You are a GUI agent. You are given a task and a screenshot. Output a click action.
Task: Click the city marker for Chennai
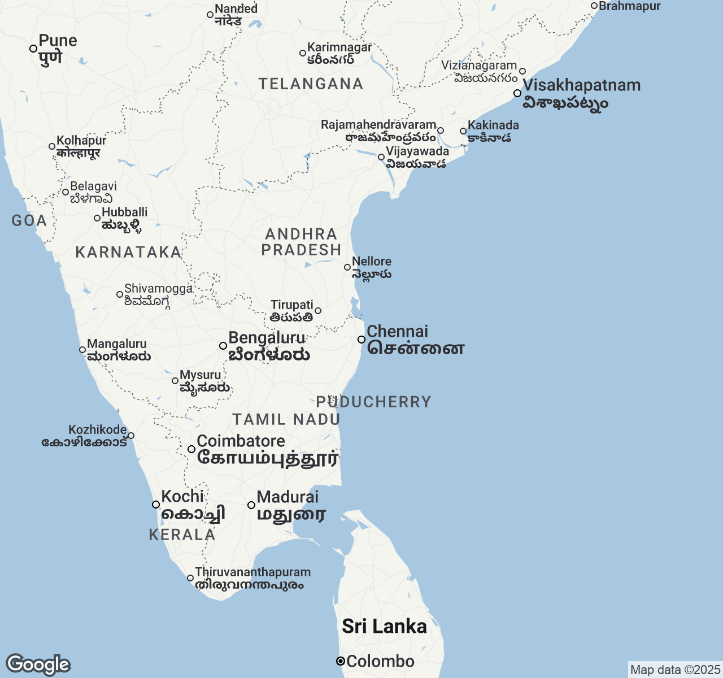pyautogui.click(x=361, y=340)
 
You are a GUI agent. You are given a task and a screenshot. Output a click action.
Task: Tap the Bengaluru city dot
pyautogui.click(x=223, y=346)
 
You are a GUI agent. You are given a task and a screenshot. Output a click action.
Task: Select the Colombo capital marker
pyautogui.click(x=341, y=661)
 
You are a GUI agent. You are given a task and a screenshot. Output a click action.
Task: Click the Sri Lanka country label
pyautogui.click(x=384, y=626)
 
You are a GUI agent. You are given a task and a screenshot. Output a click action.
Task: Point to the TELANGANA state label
pyautogui.click(x=311, y=84)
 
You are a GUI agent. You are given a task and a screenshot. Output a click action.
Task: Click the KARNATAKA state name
pyautogui.click(x=128, y=252)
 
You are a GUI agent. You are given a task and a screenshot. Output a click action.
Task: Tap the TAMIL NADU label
pyautogui.click(x=286, y=419)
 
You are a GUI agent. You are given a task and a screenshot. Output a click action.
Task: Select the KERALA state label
pyautogui.click(x=182, y=534)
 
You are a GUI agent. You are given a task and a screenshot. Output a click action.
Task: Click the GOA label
pyautogui.click(x=29, y=220)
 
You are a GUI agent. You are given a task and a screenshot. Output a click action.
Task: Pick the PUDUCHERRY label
pyautogui.click(x=373, y=402)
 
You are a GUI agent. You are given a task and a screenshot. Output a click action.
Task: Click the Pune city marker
pyautogui.click(x=33, y=49)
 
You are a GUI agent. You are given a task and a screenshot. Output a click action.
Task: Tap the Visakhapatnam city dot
pyautogui.click(x=517, y=93)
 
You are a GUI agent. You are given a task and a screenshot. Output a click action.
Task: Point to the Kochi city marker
pyautogui.click(x=156, y=505)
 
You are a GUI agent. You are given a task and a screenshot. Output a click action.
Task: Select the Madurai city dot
pyautogui.click(x=251, y=505)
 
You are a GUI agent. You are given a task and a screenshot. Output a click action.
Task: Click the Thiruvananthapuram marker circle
pyautogui.click(x=190, y=578)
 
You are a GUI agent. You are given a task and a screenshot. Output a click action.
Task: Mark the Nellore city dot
pyautogui.click(x=347, y=267)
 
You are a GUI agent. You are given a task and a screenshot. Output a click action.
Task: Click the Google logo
pyautogui.click(x=38, y=664)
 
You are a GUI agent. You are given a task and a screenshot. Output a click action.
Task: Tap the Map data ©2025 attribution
pyautogui.click(x=675, y=670)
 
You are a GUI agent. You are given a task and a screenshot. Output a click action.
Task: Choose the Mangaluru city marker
pyautogui.click(x=82, y=350)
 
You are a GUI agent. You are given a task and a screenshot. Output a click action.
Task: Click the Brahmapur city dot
pyautogui.click(x=594, y=6)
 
